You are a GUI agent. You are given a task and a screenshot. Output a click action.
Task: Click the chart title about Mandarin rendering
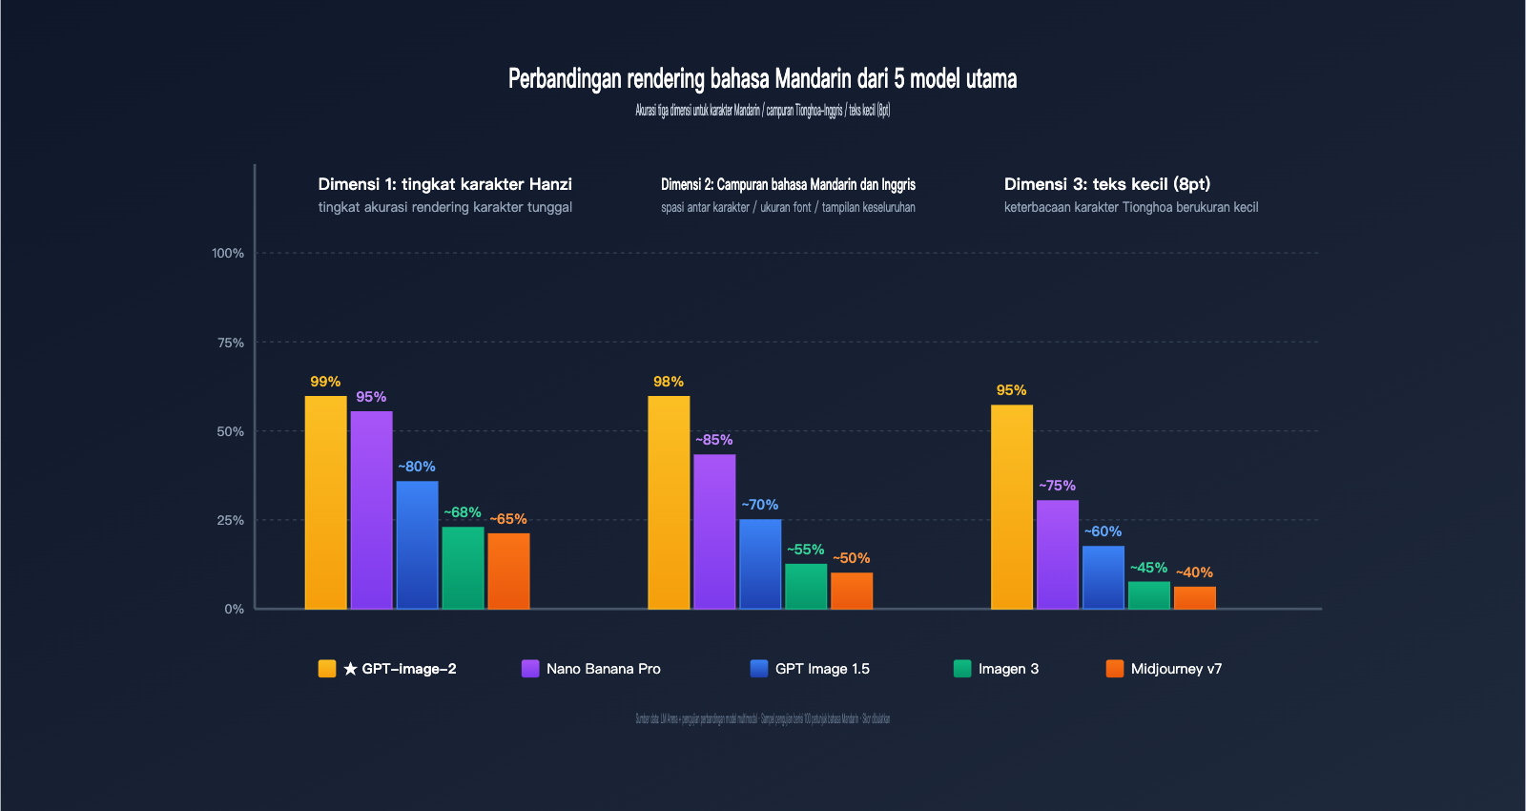pos(762,78)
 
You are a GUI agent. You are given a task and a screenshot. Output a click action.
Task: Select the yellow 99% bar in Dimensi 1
pos(325,502)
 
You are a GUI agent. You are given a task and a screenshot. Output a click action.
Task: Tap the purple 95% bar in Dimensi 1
pos(371,509)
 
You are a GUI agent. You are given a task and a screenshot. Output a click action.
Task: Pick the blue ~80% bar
pos(417,545)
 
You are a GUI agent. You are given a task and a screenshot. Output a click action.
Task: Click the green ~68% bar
pos(463,568)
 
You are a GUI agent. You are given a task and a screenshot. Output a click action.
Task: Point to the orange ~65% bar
pos(508,571)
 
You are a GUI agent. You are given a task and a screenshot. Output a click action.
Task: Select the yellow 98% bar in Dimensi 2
pos(669,502)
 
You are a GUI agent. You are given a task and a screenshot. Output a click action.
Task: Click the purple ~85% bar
pos(714,531)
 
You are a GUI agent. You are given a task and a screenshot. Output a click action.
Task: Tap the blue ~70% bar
pos(760,564)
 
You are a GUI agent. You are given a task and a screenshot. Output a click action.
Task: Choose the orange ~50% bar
pos(852,591)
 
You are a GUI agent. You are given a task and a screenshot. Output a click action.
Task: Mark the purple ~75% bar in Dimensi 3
pos(1058,554)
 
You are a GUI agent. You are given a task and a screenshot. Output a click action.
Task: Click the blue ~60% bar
pos(1103,577)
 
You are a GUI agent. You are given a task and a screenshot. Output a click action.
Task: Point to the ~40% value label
pos(1194,572)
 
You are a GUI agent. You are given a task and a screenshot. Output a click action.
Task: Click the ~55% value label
pos(805,550)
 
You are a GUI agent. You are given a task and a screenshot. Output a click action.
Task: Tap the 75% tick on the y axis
pos(231,343)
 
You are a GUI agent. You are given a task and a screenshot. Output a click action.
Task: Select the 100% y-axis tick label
pos(228,253)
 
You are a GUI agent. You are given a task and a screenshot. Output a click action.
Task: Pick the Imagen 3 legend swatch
pos(962,669)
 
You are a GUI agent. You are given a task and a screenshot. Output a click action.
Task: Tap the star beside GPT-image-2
pos(350,669)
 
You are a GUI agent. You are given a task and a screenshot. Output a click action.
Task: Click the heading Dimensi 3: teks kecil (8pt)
pos(1106,184)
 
